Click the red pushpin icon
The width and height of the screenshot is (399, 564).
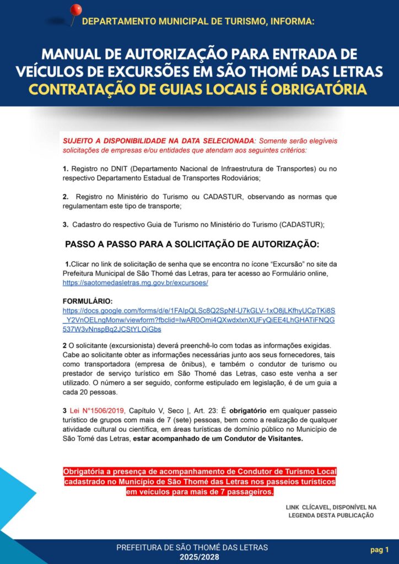tap(76, 10)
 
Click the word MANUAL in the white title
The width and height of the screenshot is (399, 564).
tap(66, 54)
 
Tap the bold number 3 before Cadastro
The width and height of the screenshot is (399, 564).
tap(65, 224)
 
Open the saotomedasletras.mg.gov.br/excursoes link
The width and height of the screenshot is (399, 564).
tap(135, 283)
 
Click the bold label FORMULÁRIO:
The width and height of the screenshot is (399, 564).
tap(88, 301)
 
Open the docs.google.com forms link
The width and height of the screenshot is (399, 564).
tap(199, 320)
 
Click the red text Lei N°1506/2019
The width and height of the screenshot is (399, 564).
tap(98, 410)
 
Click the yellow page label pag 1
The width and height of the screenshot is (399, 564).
tap(379, 549)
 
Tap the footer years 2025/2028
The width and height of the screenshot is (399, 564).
tap(192, 557)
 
